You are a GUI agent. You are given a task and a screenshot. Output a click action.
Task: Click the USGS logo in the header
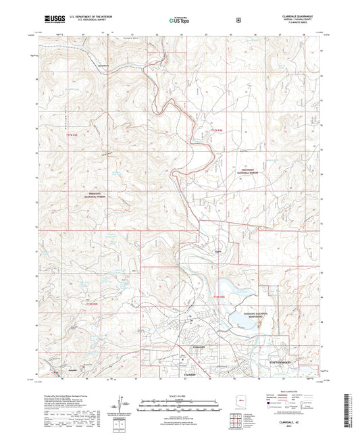[x=52, y=19]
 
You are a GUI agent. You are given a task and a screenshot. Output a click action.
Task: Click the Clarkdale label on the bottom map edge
[x=182, y=374]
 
